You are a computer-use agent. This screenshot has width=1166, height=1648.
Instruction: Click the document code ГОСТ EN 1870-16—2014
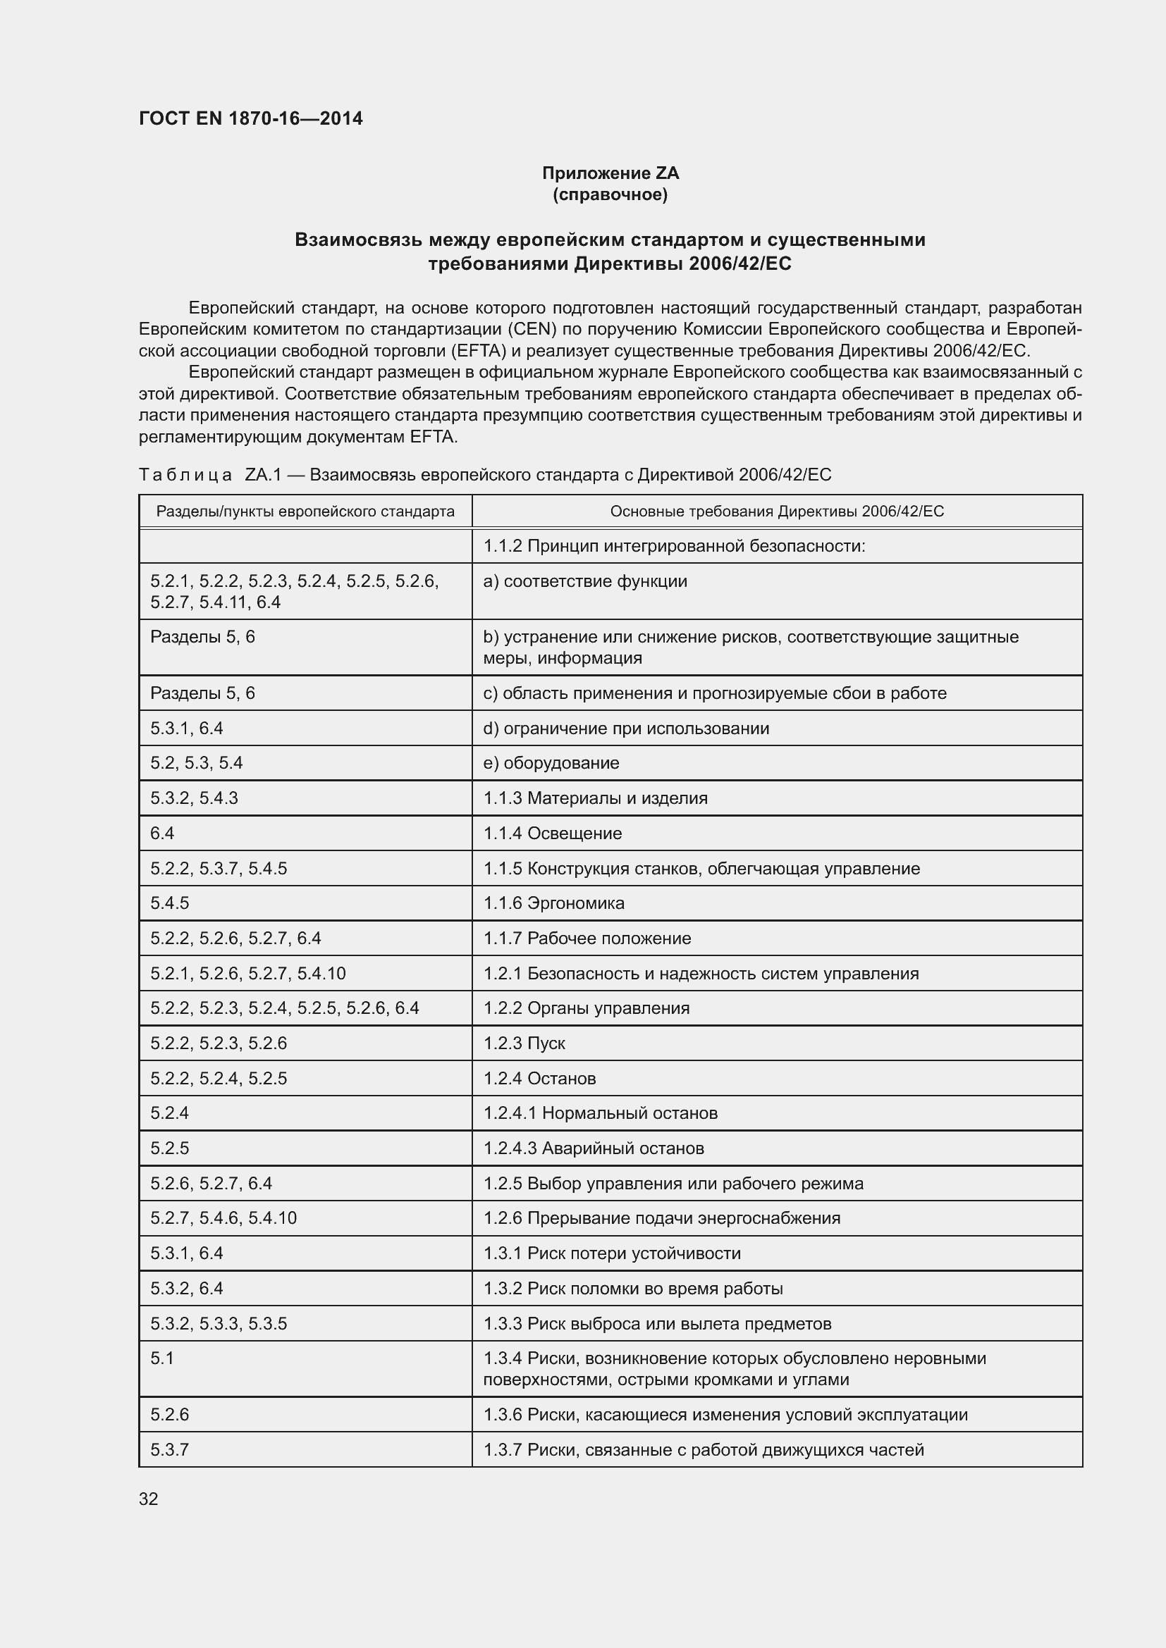tap(250, 118)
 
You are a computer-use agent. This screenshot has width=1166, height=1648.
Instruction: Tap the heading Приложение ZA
tap(610, 173)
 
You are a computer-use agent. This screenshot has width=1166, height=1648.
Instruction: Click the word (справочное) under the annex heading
tap(610, 194)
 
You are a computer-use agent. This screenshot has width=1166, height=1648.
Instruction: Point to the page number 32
tap(149, 1499)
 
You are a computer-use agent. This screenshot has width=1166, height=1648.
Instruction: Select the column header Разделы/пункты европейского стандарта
tap(305, 511)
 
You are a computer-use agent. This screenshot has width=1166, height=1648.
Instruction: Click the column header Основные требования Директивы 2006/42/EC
tap(777, 511)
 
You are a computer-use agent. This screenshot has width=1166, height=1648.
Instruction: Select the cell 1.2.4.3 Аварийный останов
tap(593, 1148)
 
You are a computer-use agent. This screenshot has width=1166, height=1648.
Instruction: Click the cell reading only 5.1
tap(162, 1358)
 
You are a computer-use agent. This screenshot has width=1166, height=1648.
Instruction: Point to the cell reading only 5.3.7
tap(169, 1449)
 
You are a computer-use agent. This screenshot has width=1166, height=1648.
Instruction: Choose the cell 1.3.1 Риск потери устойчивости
tap(612, 1253)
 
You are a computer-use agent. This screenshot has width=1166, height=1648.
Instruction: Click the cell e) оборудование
tap(551, 763)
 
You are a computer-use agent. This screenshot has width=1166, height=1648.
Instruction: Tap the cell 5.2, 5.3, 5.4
tap(197, 763)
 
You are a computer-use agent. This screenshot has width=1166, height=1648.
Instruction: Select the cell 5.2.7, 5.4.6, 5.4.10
tap(223, 1218)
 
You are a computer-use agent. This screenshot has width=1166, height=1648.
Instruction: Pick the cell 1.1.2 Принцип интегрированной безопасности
tap(673, 546)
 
